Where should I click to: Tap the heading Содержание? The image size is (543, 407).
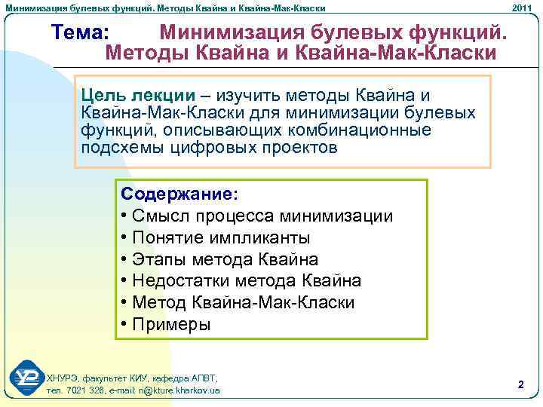(x=179, y=194)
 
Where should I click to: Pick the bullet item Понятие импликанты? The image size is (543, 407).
(x=214, y=237)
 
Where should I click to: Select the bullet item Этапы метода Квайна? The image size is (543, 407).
(x=219, y=259)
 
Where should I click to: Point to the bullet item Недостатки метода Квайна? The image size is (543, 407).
(x=241, y=281)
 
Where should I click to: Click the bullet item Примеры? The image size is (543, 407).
(x=165, y=325)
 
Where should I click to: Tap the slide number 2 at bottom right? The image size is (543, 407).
(x=520, y=384)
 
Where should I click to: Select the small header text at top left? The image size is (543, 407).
(x=165, y=7)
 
